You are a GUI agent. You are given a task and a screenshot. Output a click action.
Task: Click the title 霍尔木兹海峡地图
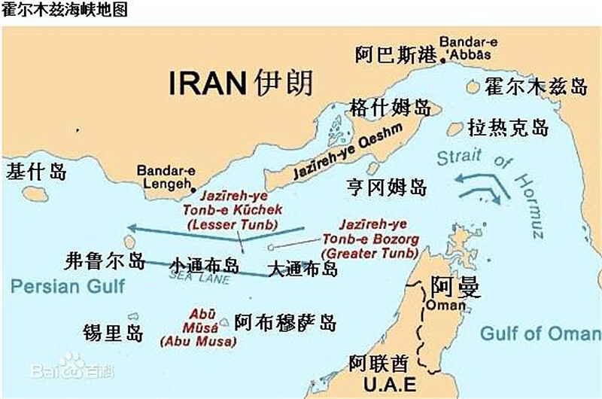[65, 10]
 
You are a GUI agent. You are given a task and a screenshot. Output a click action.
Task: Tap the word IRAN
[208, 84]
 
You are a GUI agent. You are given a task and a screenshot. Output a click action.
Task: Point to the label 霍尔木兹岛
[536, 87]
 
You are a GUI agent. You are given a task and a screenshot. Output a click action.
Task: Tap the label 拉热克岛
[508, 126]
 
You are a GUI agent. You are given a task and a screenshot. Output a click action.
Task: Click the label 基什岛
[36, 171]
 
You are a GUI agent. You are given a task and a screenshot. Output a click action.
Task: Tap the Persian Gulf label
[68, 285]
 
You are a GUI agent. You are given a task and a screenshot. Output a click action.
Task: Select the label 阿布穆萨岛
[285, 323]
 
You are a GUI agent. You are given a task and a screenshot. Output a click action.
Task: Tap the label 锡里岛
[114, 332]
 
